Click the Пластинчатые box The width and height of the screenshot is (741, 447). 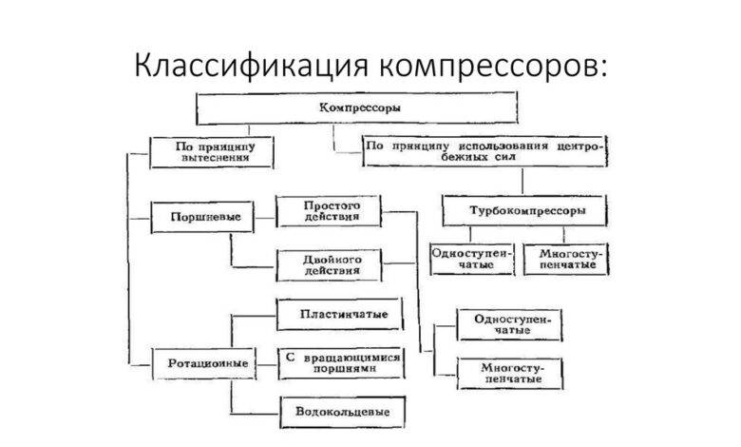336,313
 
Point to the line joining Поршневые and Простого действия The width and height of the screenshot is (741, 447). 260,217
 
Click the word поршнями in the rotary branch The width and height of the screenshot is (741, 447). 340,369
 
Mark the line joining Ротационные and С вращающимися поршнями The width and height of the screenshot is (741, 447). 260,362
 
